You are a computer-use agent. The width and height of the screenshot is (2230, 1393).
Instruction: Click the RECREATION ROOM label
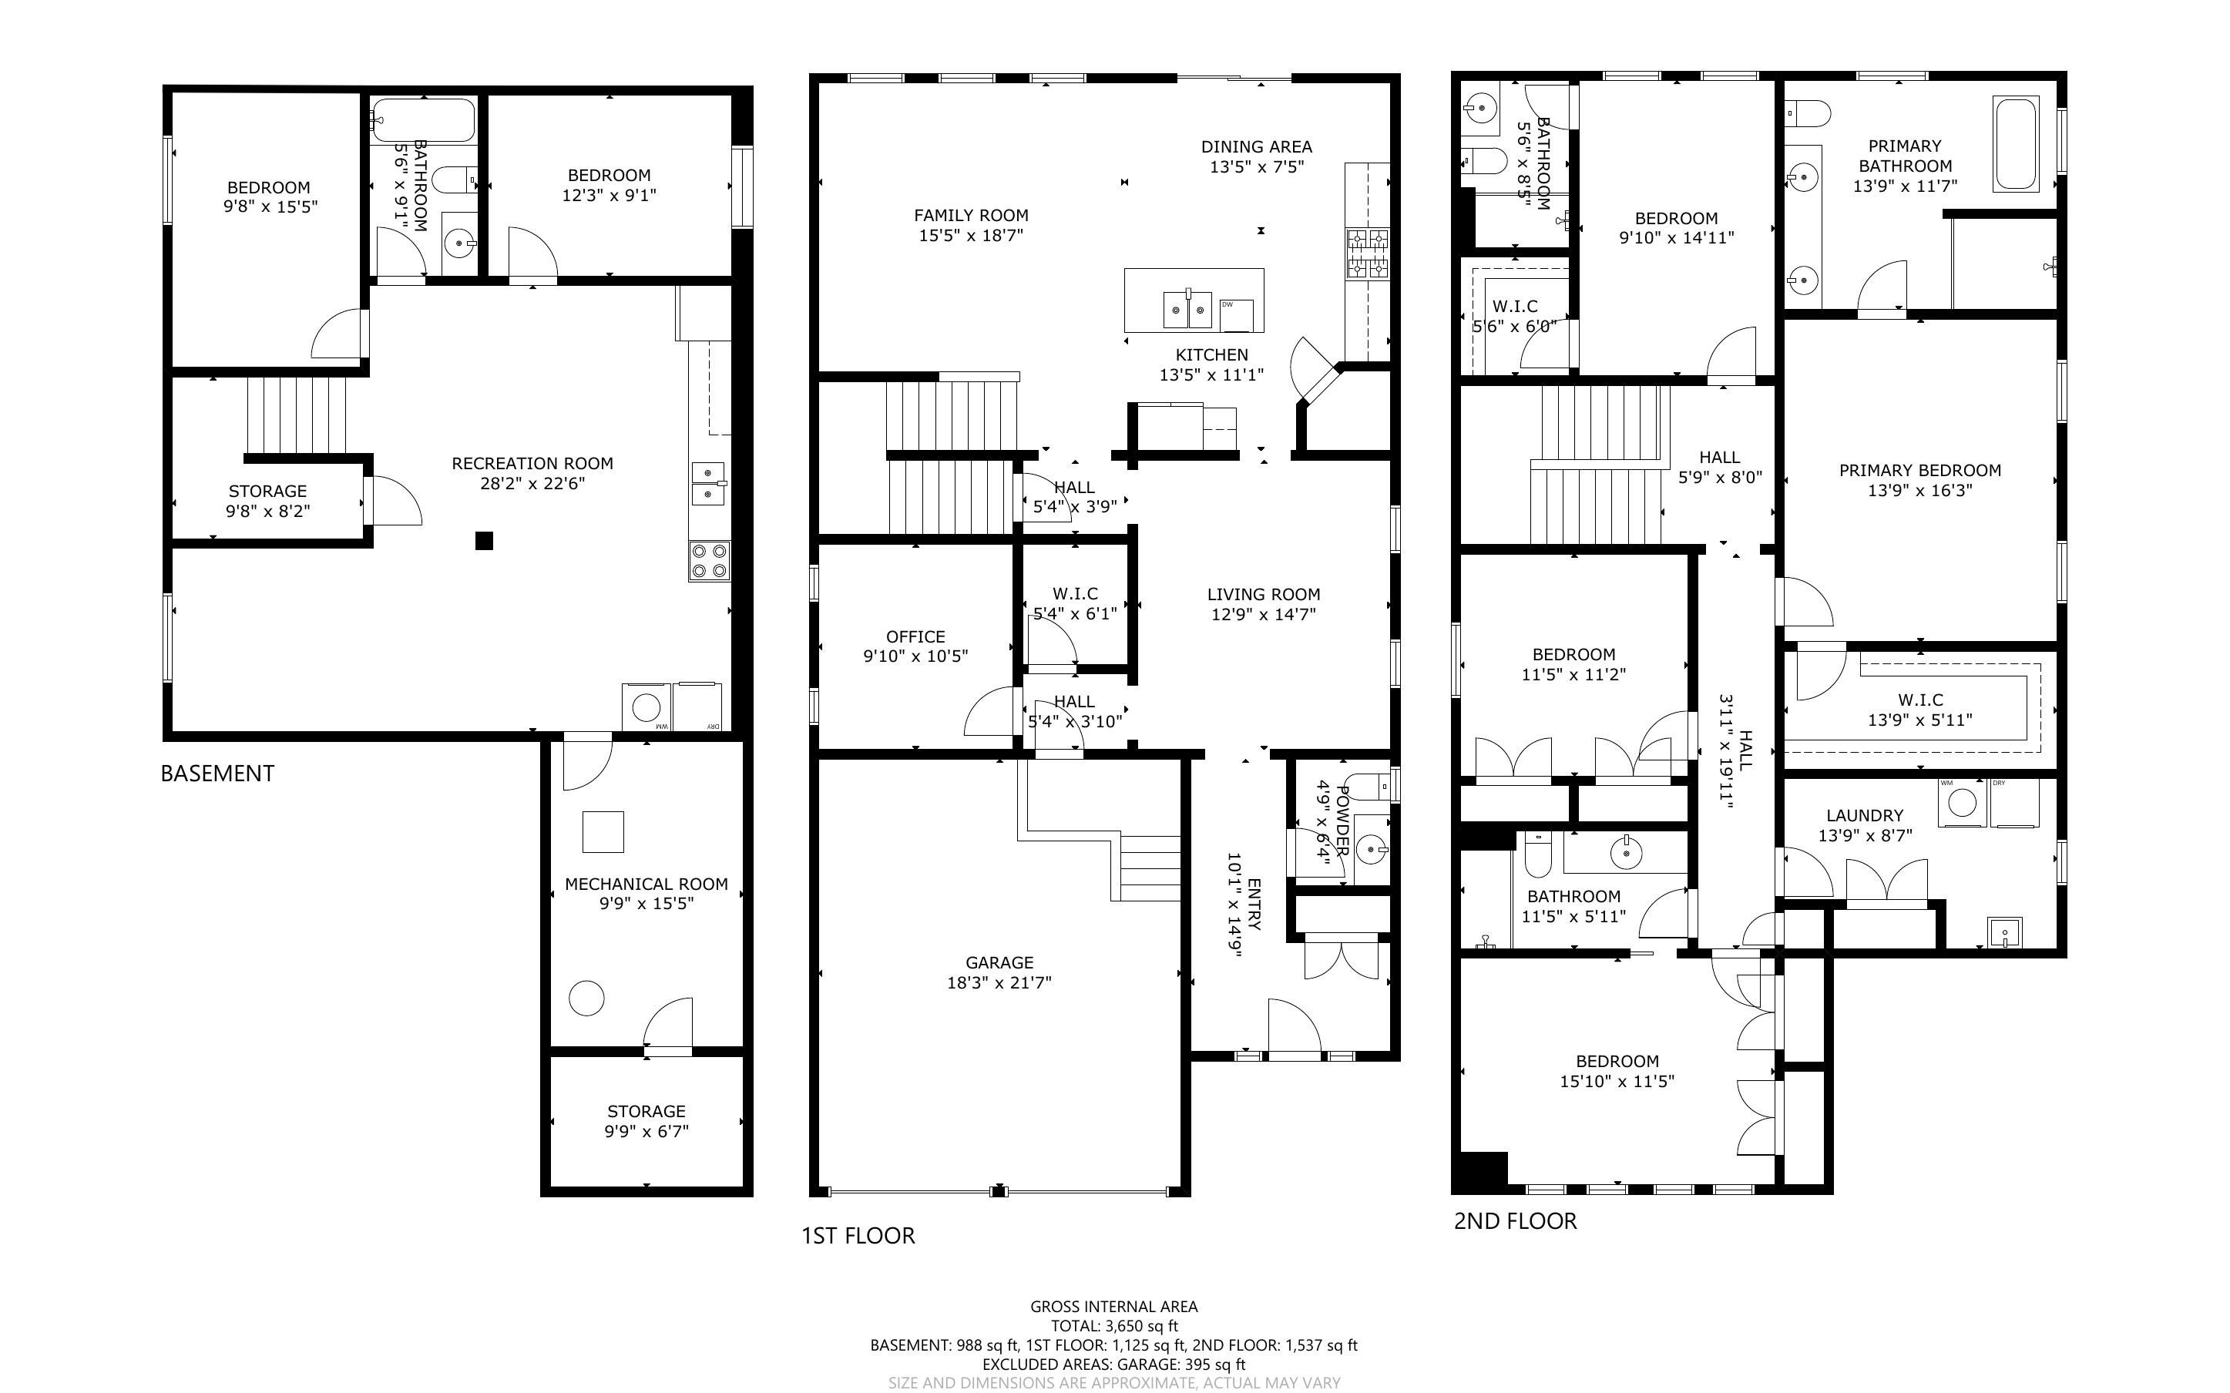pos(532,463)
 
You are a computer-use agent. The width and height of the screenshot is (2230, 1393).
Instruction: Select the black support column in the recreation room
pos(485,541)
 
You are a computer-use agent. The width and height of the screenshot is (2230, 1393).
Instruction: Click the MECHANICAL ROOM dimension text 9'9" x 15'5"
pos(646,904)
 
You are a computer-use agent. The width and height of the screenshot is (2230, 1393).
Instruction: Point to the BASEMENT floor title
pos(217,774)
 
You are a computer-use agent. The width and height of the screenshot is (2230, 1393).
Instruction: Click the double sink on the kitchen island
pos(1187,309)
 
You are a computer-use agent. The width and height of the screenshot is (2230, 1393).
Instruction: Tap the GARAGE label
pos(999,963)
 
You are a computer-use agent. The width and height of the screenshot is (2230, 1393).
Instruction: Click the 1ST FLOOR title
pos(858,1237)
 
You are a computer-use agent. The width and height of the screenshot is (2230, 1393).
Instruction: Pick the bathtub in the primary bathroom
pos(2015,144)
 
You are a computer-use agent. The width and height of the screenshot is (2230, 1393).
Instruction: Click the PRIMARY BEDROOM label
pos(1920,471)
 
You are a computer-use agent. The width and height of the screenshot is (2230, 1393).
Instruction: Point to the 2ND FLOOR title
pos(1515,1222)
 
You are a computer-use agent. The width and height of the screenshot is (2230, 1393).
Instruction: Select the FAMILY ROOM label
pos(971,216)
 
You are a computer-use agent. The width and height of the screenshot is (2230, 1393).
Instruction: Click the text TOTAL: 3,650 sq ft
pos(1114,1327)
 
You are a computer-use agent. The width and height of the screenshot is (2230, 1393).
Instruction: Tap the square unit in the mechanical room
pos(603,832)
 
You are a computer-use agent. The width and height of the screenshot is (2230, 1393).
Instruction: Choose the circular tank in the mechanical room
pos(586,998)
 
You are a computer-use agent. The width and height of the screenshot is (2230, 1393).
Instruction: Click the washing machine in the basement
pos(647,707)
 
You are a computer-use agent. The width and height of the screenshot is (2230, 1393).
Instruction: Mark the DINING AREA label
pos(1256,146)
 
